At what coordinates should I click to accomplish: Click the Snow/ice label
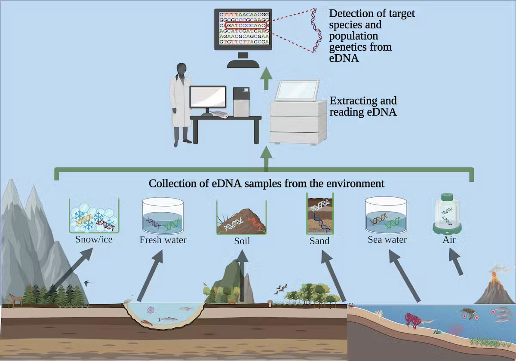[93, 239]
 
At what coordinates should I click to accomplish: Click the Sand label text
[319, 241]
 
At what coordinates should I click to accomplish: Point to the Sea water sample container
[387, 215]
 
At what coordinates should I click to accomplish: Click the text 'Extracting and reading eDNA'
[363, 107]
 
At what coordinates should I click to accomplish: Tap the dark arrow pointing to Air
[456, 263]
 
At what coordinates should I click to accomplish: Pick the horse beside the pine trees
[15, 299]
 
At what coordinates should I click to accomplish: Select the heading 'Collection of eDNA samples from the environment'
[266, 184]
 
